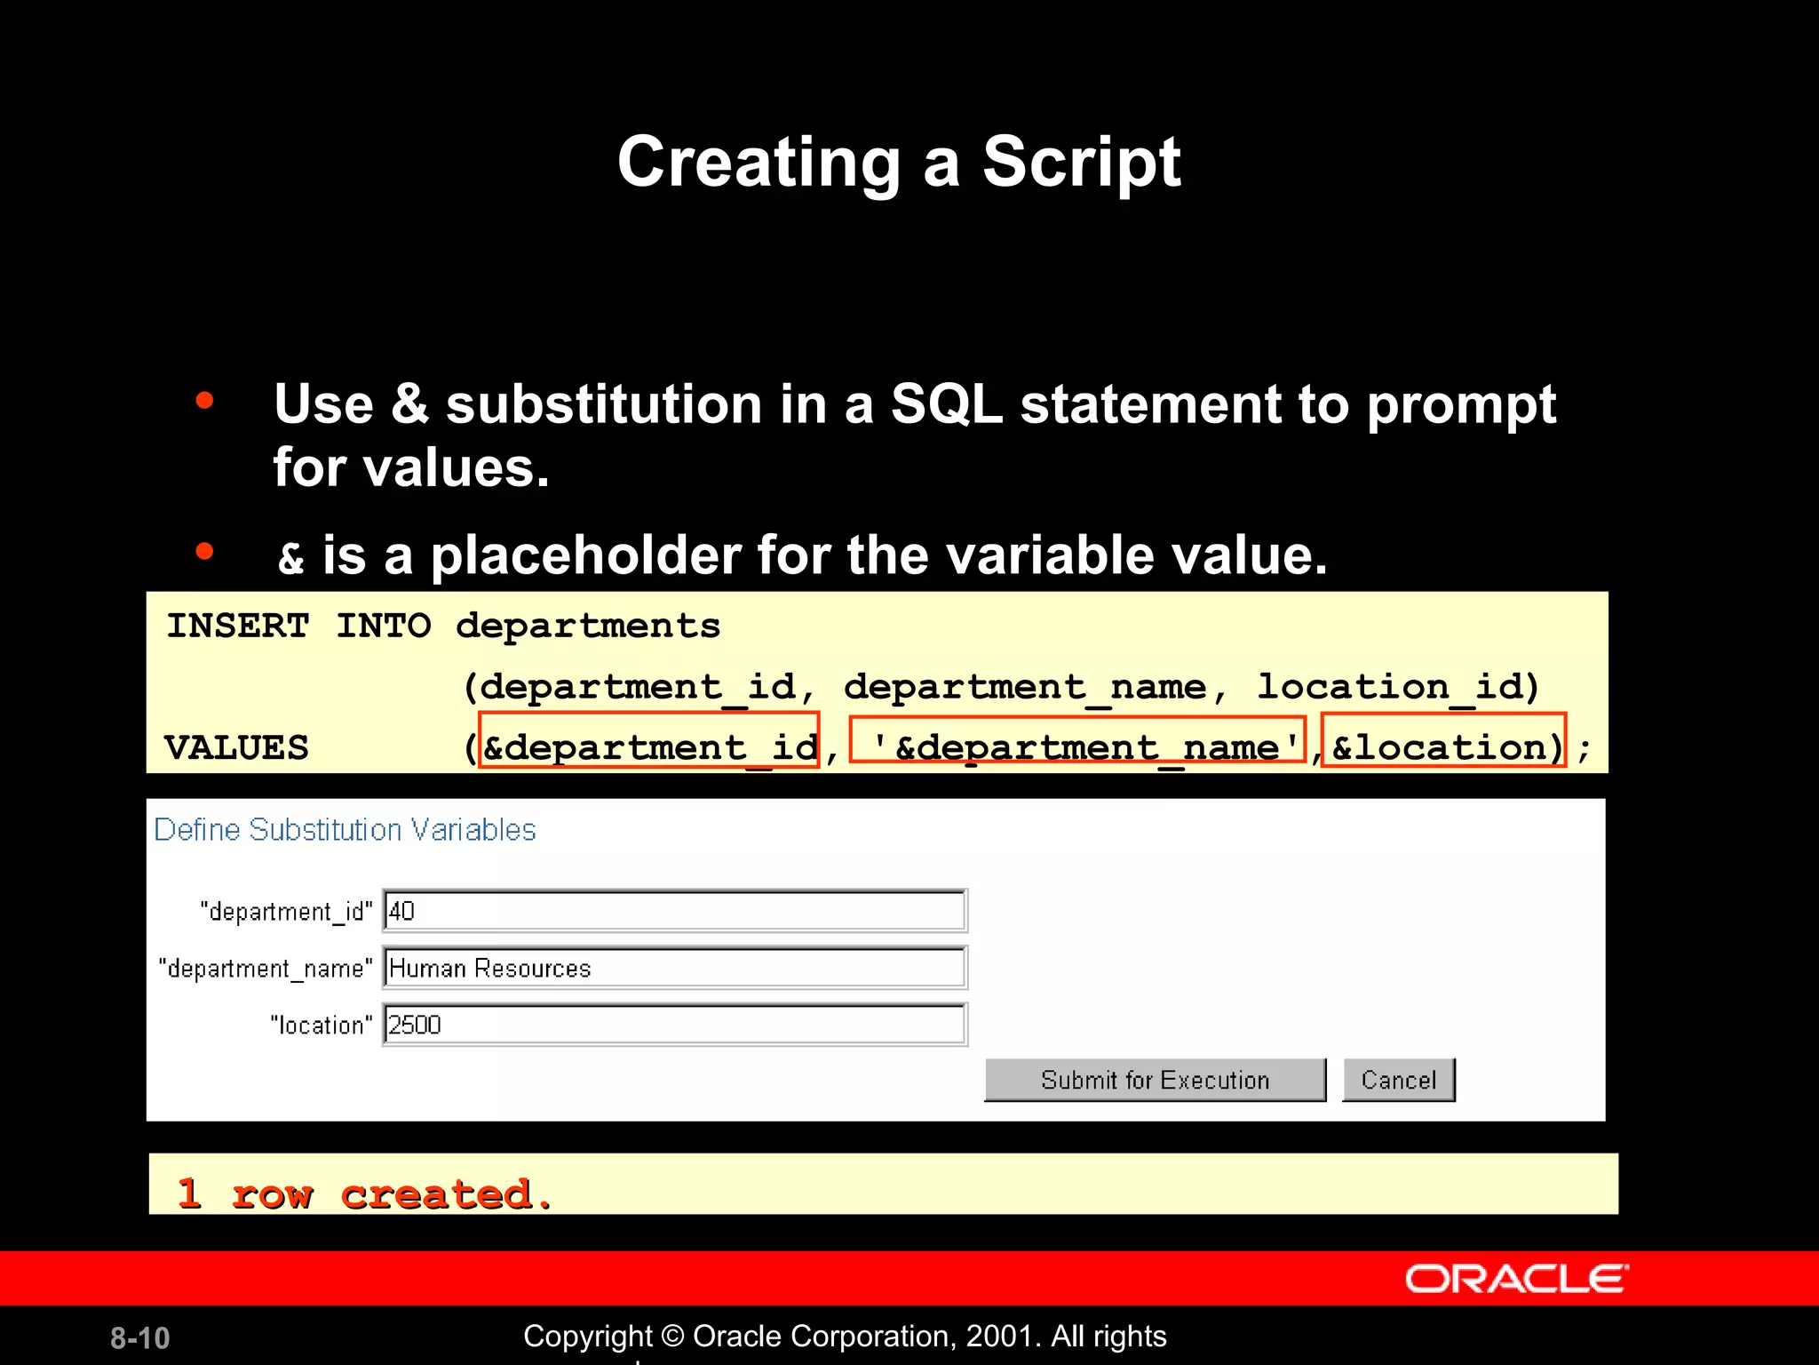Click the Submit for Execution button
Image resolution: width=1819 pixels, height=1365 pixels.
point(1155,1080)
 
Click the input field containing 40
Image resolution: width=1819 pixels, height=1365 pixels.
point(674,911)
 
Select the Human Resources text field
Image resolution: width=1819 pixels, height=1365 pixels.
point(674,968)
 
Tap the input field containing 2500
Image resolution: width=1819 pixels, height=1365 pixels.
point(674,1025)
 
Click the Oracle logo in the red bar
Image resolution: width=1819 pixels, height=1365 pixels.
point(1516,1279)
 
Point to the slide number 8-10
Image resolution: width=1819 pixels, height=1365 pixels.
point(139,1337)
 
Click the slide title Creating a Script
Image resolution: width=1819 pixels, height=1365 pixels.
point(899,162)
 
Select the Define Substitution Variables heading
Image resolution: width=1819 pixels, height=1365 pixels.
point(345,830)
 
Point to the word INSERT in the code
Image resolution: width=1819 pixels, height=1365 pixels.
point(238,626)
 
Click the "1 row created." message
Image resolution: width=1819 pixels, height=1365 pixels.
point(364,1193)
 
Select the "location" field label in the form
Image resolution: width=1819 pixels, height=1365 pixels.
point(321,1026)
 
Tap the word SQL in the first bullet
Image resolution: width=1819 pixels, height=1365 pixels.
point(946,404)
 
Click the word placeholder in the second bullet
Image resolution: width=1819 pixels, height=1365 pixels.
point(585,556)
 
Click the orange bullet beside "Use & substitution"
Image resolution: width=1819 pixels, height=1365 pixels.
point(205,401)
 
